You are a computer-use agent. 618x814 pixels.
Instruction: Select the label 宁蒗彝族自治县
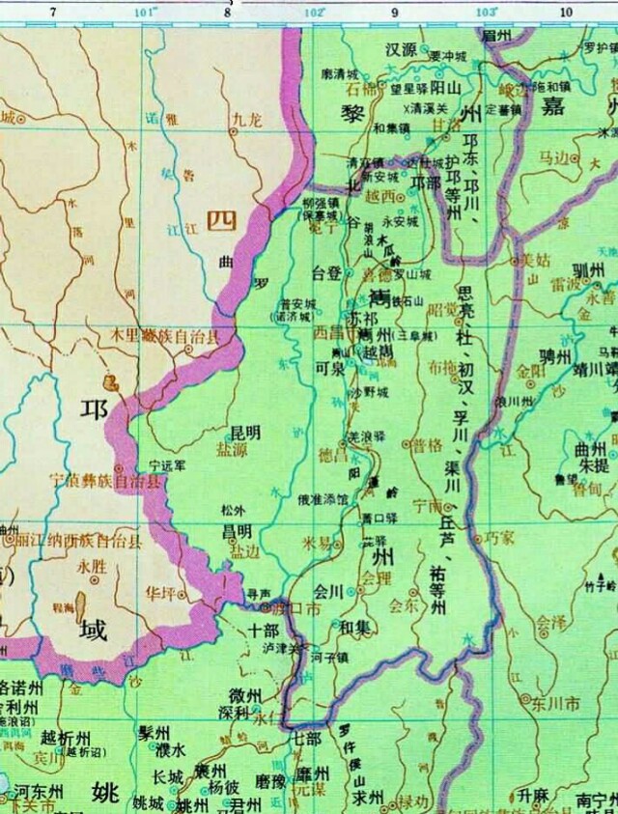tap(106, 479)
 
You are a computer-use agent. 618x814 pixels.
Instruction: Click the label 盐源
tap(231, 449)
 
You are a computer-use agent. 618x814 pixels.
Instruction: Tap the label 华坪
tap(160, 592)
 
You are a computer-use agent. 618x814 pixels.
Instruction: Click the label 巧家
tap(499, 536)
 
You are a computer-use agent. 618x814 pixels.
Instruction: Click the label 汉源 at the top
tap(400, 48)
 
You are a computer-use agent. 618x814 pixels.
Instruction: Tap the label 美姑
tap(534, 259)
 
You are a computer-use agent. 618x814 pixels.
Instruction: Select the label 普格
tap(426, 445)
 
